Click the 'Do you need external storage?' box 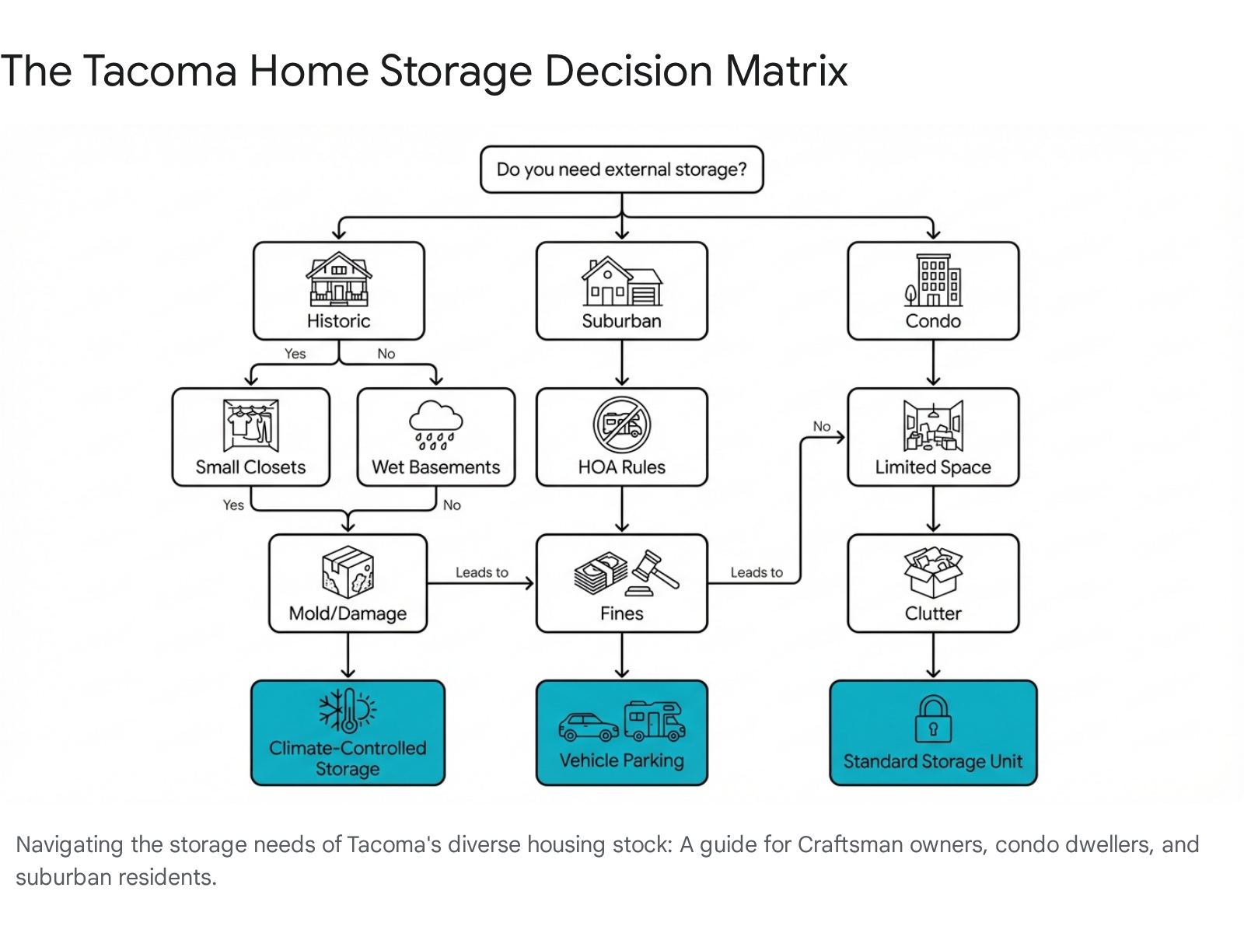[x=621, y=169]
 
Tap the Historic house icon [x=338, y=278]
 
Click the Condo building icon [x=933, y=280]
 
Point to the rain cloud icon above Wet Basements [x=435, y=425]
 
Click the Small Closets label [x=250, y=466]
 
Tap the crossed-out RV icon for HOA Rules [x=621, y=425]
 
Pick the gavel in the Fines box [x=653, y=573]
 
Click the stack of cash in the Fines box [x=601, y=573]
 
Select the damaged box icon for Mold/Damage [x=348, y=571]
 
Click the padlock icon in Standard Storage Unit [x=933, y=718]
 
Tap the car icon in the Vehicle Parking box [x=589, y=728]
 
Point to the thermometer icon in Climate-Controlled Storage [x=348, y=711]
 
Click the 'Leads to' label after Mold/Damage [x=482, y=572]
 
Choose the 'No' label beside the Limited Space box [x=821, y=426]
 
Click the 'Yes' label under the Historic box [x=295, y=354]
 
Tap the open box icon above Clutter [x=933, y=571]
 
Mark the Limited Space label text [x=933, y=466]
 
